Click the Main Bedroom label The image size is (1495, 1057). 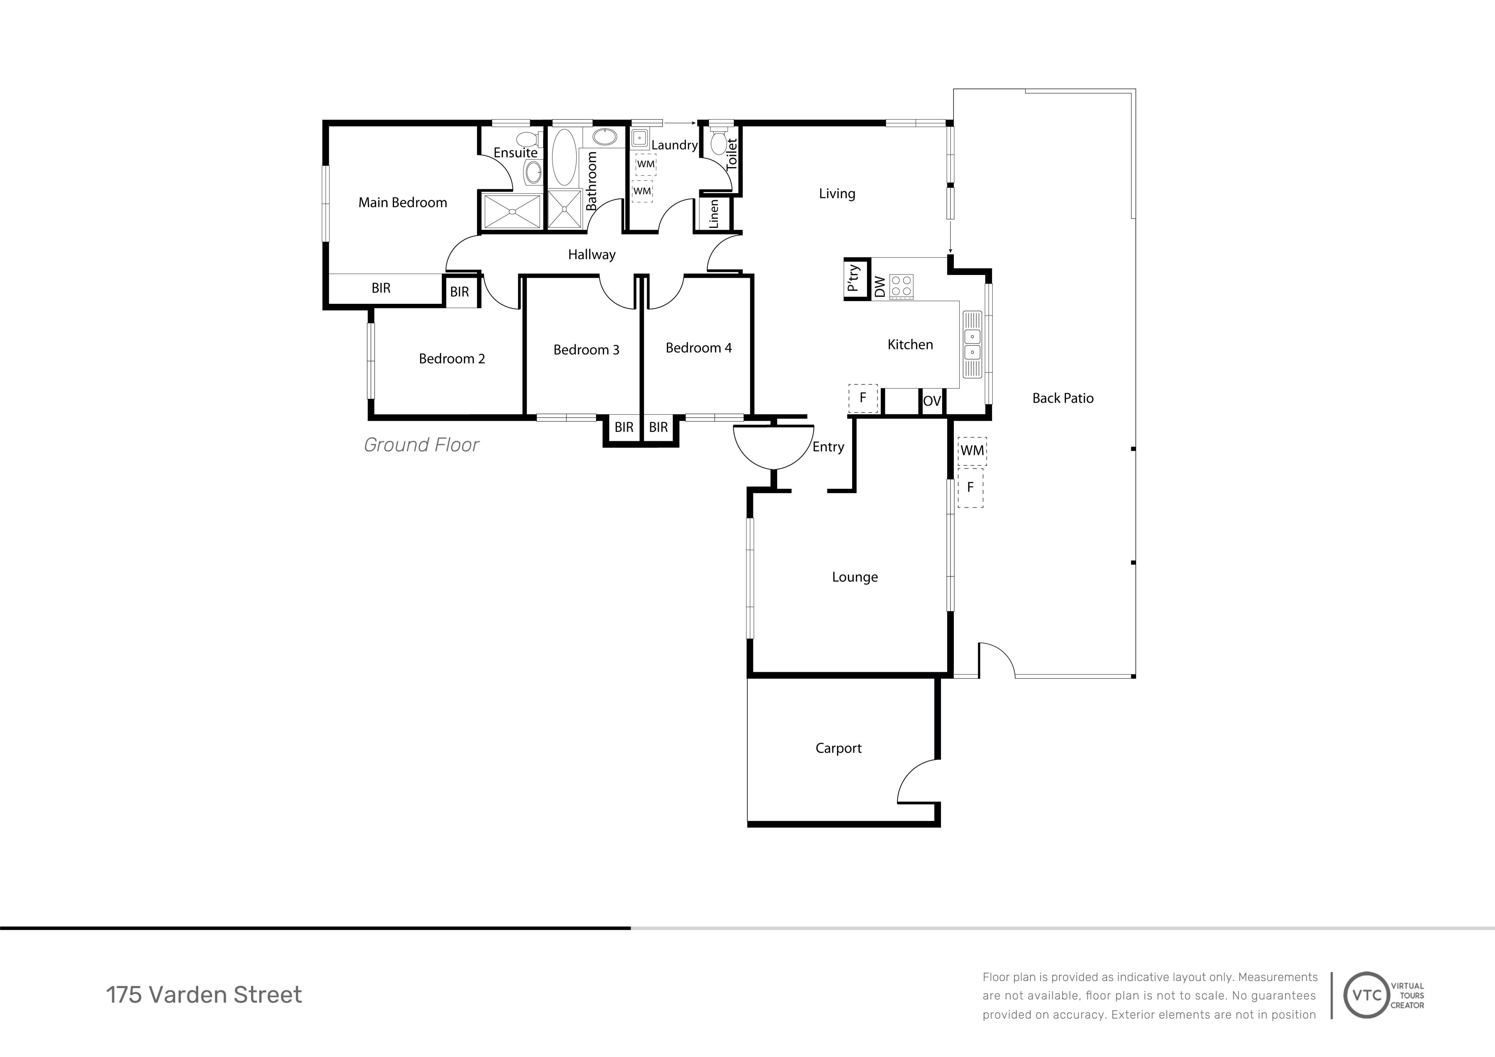coord(403,203)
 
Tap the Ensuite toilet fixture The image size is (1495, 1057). coord(528,139)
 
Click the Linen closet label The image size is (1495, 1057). coord(714,213)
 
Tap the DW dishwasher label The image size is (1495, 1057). coord(880,287)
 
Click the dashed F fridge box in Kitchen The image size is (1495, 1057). coord(863,398)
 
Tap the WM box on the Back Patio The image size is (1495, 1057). coord(972,451)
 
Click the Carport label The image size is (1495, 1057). coord(839,748)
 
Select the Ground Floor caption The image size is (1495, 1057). coord(421,445)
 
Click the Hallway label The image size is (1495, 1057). coord(591,255)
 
